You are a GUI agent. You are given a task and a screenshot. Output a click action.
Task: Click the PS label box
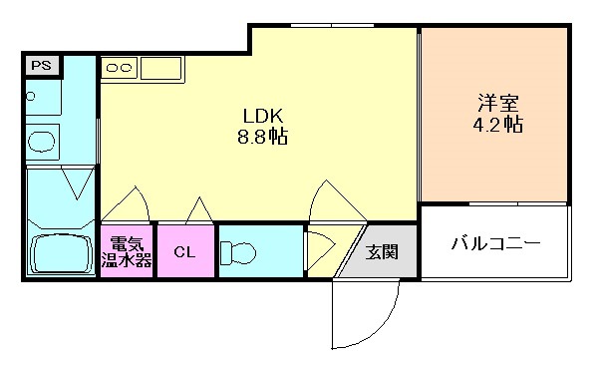(42, 66)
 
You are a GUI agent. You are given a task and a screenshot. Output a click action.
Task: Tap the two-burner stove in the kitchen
(120, 68)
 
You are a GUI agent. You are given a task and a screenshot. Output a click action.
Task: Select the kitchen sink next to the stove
(160, 69)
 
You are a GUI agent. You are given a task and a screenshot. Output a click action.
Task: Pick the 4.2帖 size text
(495, 127)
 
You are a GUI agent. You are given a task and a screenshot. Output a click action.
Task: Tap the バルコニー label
(494, 243)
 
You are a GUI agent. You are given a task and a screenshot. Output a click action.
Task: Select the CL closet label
(184, 252)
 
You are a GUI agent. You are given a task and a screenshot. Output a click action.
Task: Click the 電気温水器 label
(127, 252)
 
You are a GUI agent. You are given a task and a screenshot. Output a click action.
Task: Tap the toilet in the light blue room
(239, 252)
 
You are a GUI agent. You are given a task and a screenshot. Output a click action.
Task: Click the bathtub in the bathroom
(60, 255)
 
